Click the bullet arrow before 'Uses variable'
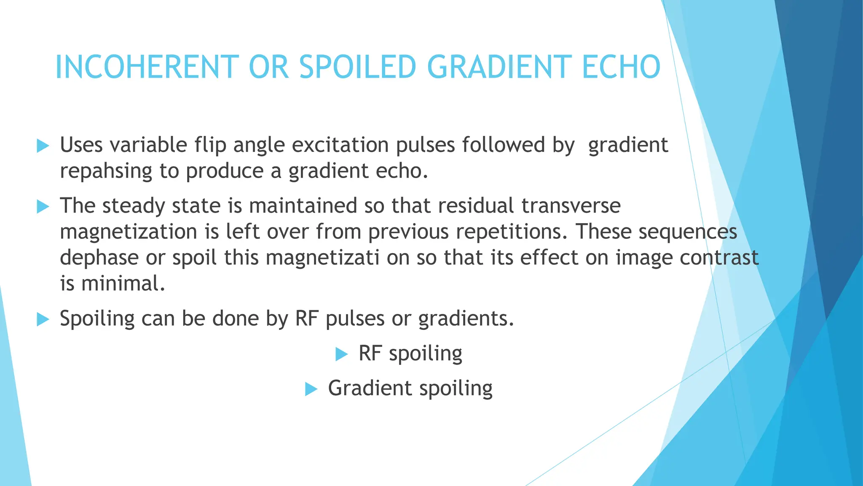[x=43, y=146]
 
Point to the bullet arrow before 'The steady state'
[x=43, y=207]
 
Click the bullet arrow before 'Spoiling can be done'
[x=43, y=319]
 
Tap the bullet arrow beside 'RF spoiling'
[x=341, y=354]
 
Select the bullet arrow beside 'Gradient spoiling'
[x=311, y=389]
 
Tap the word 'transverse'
[x=571, y=206]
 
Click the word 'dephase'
[x=99, y=258]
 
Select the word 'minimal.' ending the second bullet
[x=123, y=283]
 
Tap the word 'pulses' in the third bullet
[x=355, y=319]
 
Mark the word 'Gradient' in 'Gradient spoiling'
[x=370, y=388]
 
